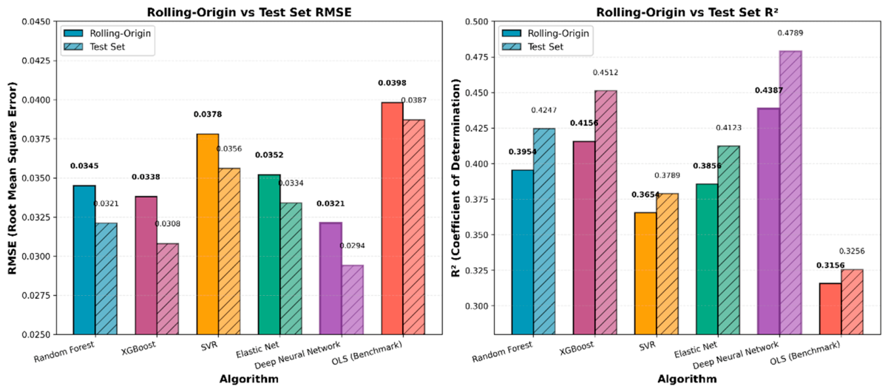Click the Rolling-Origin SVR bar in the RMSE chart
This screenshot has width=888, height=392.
pos(207,234)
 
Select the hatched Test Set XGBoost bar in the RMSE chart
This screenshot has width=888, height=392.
pos(168,289)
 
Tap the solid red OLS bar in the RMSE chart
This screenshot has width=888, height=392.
pos(392,218)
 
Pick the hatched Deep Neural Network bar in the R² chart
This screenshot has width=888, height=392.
pos(790,192)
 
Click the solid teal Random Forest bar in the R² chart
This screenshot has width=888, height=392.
pos(523,252)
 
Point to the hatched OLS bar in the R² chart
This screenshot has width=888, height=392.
pos(852,302)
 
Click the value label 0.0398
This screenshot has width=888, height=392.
pos(392,83)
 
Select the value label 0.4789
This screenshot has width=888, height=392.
pos(790,33)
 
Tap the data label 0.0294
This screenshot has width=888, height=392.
pos(353,246)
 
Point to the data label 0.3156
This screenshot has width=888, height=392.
pos(830,266)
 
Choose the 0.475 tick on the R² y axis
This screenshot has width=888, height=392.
pos(478,58)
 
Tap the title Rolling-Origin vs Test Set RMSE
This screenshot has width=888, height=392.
pos(249,13)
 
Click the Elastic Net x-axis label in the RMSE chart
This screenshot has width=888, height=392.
pos(258,349)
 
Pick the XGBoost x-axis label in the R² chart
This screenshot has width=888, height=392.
pos(577,348)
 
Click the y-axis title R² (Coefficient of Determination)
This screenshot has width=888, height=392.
pos(456,178)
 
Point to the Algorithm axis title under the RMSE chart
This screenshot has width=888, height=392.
pos(249,379)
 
